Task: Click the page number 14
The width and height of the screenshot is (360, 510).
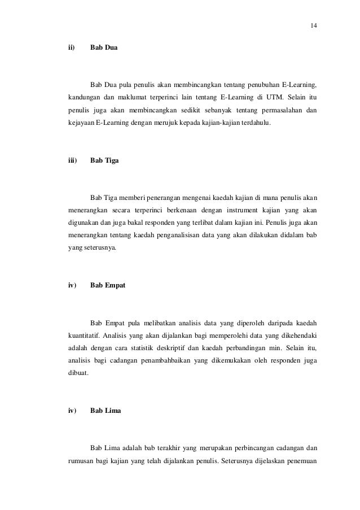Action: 314,26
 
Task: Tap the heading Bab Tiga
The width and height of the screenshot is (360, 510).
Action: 104,160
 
